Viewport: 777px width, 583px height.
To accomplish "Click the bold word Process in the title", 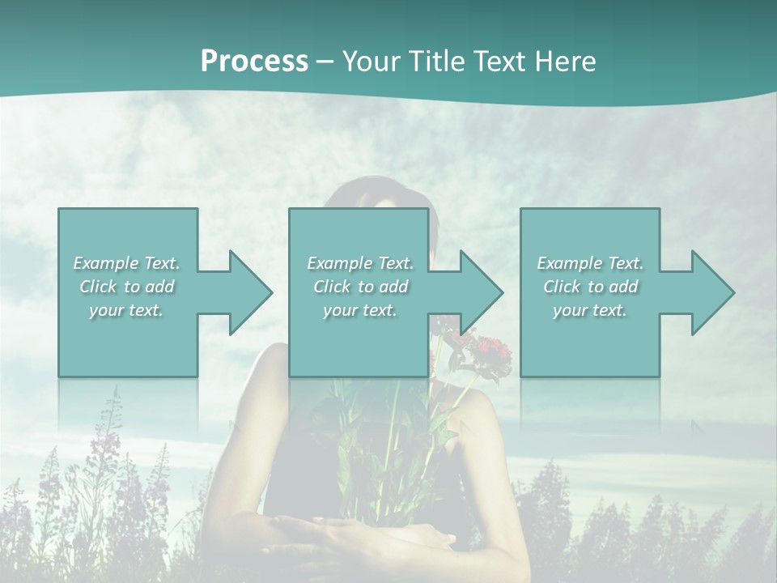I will coord(254,62).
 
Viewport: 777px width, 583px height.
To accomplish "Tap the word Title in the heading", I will coord(437,62).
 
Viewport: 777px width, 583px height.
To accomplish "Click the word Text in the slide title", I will coord(499,62).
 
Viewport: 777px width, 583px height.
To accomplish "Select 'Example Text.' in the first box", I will coord(126,263).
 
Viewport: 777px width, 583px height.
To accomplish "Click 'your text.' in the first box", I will coord(126,310).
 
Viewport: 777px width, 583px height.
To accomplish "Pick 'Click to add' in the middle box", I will coord(360,287).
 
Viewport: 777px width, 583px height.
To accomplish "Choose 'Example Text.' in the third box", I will coord(590,263).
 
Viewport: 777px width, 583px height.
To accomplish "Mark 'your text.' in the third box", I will coord(590,310).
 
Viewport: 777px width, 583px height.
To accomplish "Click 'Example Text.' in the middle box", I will coord(360,263).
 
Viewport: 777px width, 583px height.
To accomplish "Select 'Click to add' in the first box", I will coord(126,287).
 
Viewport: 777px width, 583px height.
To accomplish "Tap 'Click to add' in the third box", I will coord(590,287).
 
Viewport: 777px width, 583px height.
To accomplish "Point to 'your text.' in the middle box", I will coord(360,310).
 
